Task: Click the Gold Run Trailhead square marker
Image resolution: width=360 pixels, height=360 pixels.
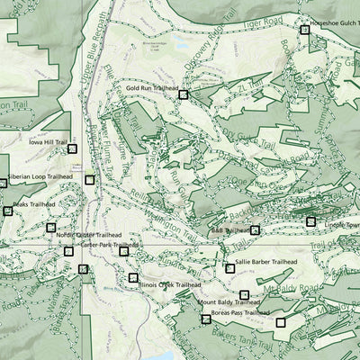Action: pyautogui.click(x=183, y=94)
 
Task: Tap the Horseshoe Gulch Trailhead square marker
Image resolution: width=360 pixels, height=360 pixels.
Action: pyautogui.click(x=304, y=30)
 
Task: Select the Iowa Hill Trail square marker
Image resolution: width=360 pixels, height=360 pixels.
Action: pyautogui.click(x=72, y=148)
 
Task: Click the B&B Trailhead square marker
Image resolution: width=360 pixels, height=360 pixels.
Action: pyautogui.click(x=255, y=230)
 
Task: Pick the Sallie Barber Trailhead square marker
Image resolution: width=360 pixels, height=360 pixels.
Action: pyautogui.click(x=229, y=268)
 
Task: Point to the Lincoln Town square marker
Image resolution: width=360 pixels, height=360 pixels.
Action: pyautogui.click(x=310, y=221)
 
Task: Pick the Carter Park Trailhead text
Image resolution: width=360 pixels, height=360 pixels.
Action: pyautogui.click(x=108, y=245)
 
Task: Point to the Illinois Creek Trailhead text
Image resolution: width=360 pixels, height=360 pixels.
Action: pyautogui.click(x=169, y=284)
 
